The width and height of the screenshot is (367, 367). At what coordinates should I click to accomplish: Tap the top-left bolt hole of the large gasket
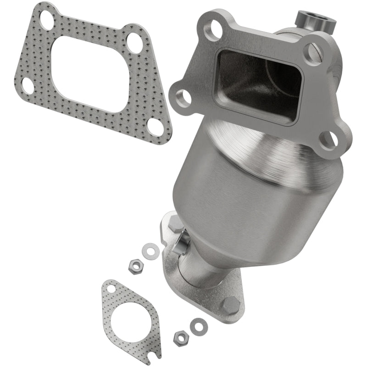coord(47,19)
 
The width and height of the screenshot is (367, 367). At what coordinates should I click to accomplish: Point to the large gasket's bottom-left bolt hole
coord(28,85)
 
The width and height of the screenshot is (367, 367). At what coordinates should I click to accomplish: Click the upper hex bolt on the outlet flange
coord(175,224)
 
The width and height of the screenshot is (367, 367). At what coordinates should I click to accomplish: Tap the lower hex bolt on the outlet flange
coord(230,305)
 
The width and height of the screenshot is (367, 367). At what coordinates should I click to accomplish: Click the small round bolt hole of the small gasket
coord(111,289)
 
